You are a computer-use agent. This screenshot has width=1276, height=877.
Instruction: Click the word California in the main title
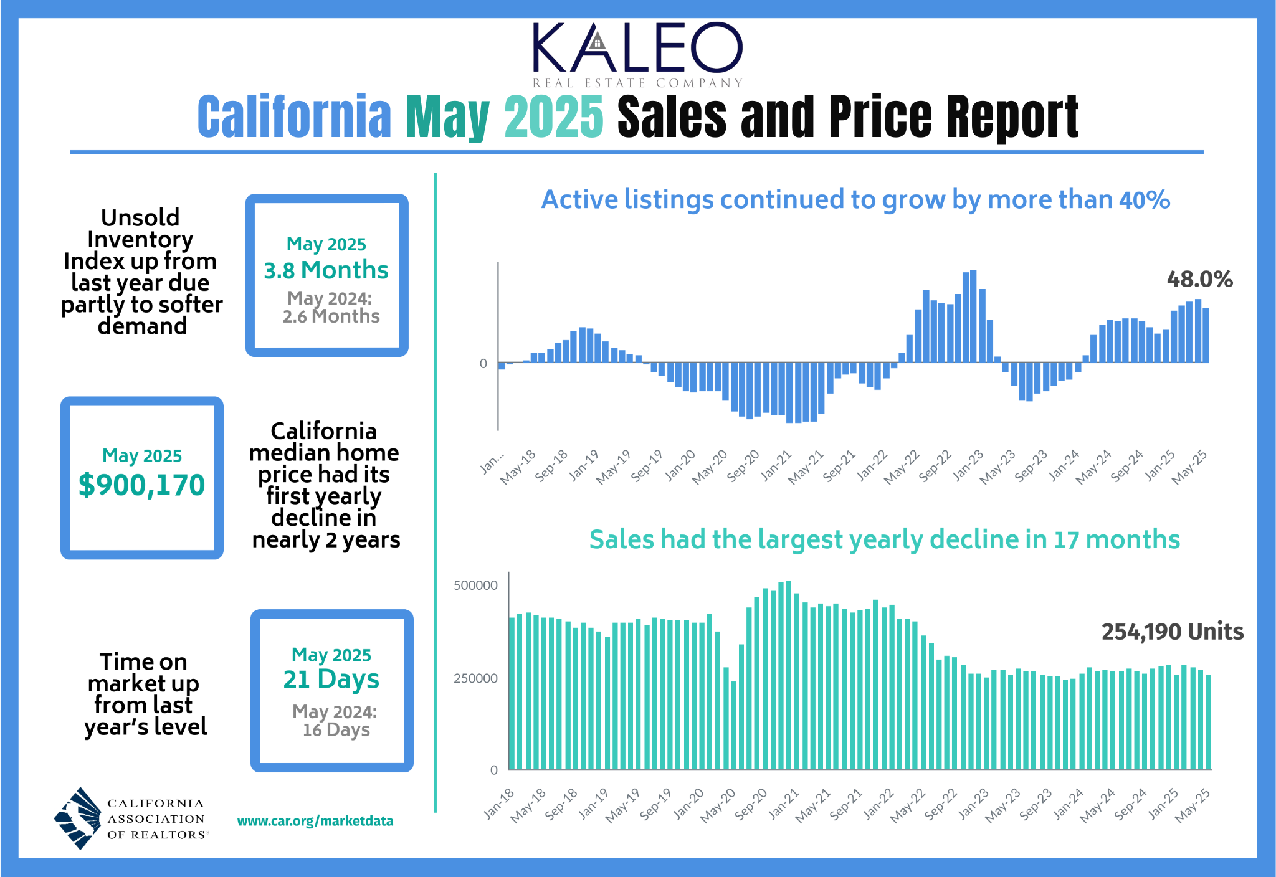coord(294,117)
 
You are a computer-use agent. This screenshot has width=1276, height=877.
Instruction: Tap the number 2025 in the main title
coord(553,117)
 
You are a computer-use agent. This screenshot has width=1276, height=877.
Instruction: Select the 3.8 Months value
coord(326,270)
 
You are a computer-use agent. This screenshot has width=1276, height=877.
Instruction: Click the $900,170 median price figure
coord(142,485)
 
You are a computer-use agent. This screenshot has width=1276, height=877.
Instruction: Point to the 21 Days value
coord(331,679)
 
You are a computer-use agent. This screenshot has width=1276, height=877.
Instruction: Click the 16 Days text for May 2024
coord(336,730)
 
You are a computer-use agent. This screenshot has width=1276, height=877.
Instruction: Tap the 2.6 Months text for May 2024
coord(331,316)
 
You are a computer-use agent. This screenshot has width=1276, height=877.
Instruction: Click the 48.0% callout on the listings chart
coord(1199,279)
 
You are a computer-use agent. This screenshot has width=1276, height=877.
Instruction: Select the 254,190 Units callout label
coord(1172,632)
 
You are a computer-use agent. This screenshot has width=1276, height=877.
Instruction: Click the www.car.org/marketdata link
coord(315,821)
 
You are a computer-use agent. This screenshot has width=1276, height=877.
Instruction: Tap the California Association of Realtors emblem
coord(79,818)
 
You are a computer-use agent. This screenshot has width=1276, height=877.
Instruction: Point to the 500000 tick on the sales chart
coord(475,585)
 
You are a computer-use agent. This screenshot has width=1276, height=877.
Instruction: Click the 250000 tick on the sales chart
coord(475,678)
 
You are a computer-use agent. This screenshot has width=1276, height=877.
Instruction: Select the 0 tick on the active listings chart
coord(483,364)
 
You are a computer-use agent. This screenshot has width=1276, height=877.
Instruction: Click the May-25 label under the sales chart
coord(1193,806)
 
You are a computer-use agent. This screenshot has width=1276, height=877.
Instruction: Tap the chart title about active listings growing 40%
coord(855,200)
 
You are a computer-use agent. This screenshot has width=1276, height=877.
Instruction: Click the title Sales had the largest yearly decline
coord(884,539)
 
